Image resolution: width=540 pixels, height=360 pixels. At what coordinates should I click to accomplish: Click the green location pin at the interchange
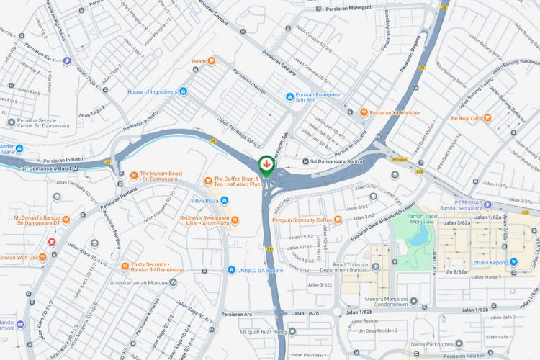tap(266, 165)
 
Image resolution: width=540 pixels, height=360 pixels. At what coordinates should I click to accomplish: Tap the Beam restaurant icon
tap(211, 62)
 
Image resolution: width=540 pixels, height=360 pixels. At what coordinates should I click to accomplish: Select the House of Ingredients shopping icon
tap(183, 91)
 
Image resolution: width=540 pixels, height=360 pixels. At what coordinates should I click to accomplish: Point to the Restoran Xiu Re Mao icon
tap(364, 112)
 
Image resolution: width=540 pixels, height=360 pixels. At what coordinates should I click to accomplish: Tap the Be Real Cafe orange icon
tap(487, 117)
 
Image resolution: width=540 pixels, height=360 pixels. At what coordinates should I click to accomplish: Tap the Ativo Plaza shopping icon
tap(225, 200)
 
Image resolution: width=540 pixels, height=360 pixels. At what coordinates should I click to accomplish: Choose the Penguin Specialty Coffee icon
tap(337, 220)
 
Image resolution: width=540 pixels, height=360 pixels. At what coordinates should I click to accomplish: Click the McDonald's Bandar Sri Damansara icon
tap(66, 219)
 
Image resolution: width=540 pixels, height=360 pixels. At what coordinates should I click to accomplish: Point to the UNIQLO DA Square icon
tap(231, 271)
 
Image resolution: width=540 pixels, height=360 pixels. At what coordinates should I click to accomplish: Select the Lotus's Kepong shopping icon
tap(513, 262)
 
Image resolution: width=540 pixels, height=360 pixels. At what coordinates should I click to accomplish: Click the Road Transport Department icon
tap(375, 267)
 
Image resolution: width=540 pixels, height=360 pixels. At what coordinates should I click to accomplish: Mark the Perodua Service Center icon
tap(12, 122)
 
